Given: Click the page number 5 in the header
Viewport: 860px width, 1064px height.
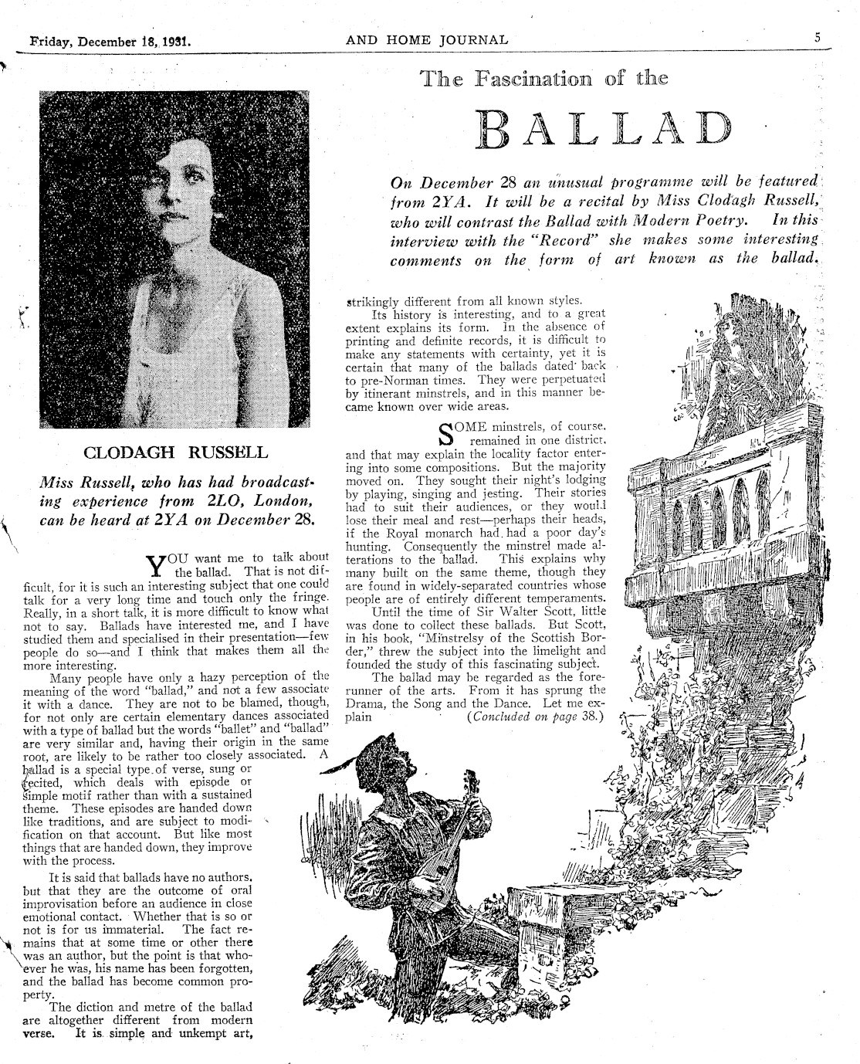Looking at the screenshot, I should [x=816, y=37].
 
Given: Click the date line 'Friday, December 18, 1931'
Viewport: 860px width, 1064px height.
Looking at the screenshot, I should [x=111, y=40].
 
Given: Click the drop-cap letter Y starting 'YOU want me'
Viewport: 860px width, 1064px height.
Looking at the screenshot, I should [x=157, y=565].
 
